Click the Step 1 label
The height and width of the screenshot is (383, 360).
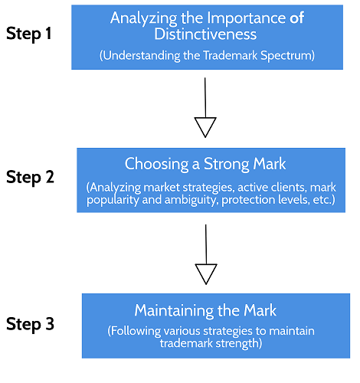[x=28, y=34]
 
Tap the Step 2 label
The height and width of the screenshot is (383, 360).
[x=30, y=177]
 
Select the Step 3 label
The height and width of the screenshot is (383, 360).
[x=30, y=324]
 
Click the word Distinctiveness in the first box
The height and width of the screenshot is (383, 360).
[x=205, y=34]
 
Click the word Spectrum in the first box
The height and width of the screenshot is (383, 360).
[x=286, y=56]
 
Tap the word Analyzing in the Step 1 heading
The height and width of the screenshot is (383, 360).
[x=144, y=18]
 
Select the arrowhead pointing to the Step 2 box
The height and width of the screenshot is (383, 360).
[x=205, y=127]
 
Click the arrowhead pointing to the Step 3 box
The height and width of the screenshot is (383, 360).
[x=206, y=274]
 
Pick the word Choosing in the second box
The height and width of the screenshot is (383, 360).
[x=156, y=164]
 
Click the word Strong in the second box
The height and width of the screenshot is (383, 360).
[x=227, y=164]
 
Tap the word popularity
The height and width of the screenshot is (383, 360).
[x=113, y=200]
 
